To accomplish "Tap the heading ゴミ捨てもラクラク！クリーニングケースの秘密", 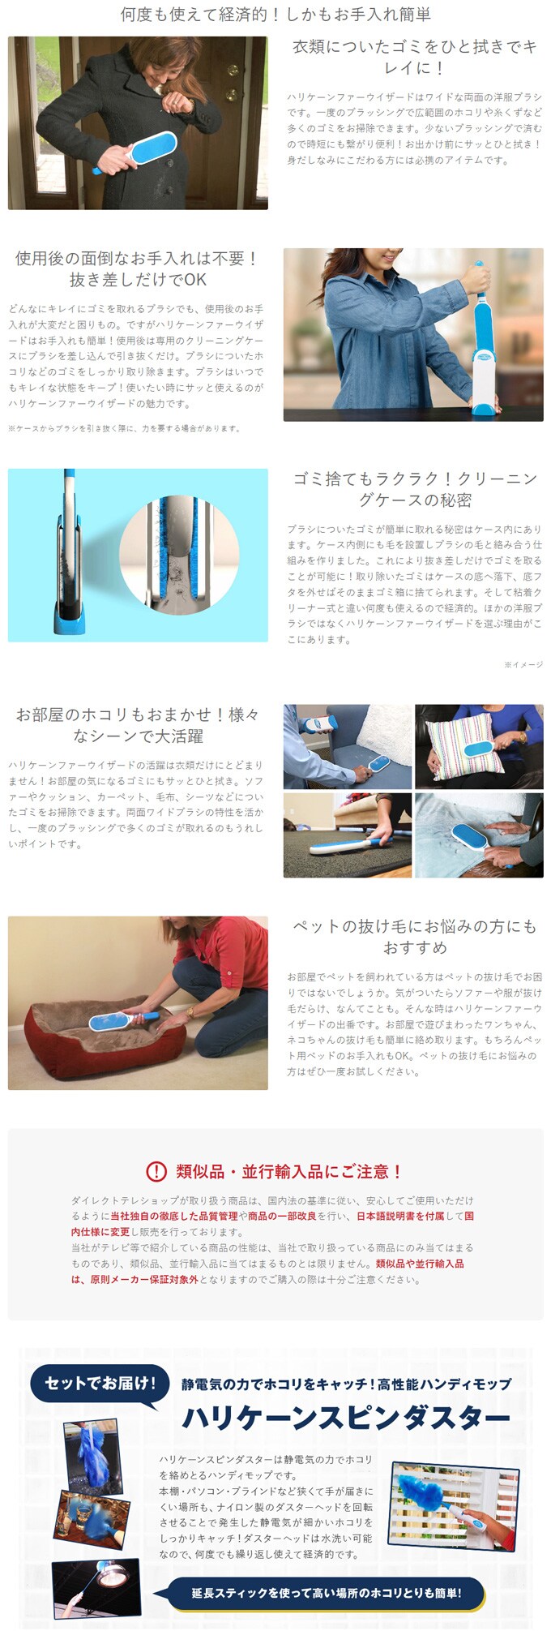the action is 414,489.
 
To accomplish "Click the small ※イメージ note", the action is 523,664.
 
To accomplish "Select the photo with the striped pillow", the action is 479,747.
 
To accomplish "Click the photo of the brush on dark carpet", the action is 348,835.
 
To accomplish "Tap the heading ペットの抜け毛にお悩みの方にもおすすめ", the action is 414,937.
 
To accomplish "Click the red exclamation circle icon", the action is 156,1171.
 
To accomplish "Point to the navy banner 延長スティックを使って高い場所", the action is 327,1593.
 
